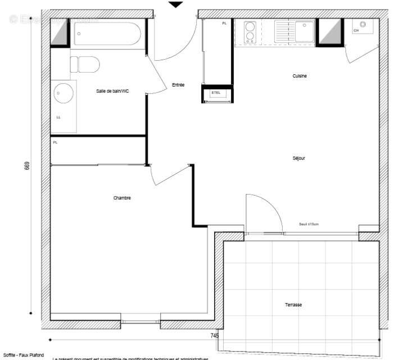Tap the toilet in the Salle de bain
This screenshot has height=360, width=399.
(85, 64)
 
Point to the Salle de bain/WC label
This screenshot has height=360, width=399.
(112, 91)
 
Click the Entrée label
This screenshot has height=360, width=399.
(178, 85)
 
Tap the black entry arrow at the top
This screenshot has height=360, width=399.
(176, 4)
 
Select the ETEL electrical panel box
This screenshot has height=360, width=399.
(216, 93)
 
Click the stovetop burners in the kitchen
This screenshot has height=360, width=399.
(250, 32)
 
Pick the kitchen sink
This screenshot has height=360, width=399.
(304, 30)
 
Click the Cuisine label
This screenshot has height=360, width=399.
(300, 76)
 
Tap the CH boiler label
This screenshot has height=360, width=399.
(356, 30)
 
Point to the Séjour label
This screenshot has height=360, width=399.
(298, 158)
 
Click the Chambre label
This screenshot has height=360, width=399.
(122, 197)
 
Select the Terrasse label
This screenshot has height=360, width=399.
(293, 304)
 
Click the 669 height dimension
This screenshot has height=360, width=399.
(26, 168)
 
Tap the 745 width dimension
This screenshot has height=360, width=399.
(215, 336)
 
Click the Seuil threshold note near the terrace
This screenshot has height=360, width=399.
(309, 224)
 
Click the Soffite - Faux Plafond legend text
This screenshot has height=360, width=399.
(23, 355)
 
